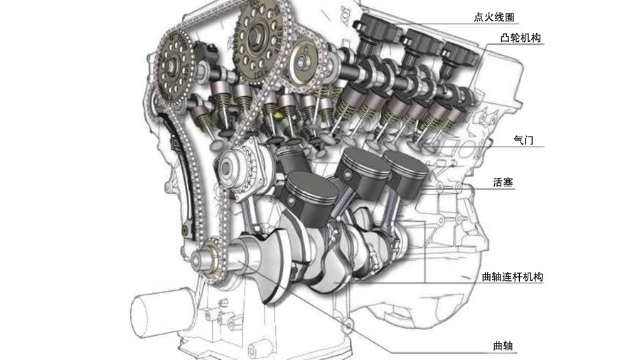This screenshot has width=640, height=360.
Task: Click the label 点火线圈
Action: point(494,17)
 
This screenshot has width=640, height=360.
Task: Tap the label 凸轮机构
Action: point(520,38)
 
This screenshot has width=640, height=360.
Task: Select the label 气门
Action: point(523,140)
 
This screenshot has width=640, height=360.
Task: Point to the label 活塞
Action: point(503,182)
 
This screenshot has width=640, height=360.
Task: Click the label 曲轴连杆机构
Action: point(513,277)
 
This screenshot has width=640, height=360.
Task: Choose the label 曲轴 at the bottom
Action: point(503,346)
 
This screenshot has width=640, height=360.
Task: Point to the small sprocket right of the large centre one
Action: point(304,61)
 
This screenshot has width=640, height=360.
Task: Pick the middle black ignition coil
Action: point(420,45)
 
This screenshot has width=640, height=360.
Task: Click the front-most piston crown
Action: point(312,188)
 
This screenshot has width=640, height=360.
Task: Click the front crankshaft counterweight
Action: point(269,265)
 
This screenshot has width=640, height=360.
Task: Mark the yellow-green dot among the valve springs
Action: point(278,116)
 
